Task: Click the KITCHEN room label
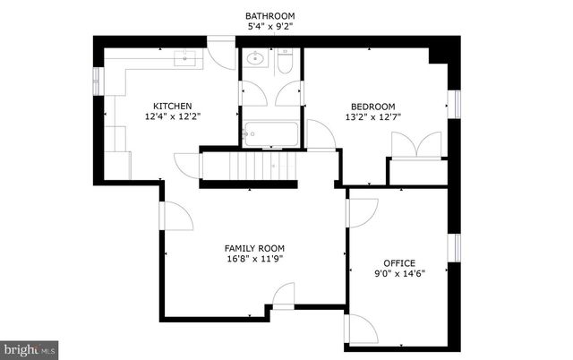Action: (172, 106)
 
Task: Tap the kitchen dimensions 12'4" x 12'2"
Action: (172, 116)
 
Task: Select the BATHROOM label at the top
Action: (269, 16)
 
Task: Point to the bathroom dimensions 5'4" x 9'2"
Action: (269, 27)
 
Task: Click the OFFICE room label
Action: (398, 263)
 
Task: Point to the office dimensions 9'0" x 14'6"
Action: (398, 274)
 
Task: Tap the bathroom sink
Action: (254, 61)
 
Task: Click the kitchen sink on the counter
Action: (185, 59)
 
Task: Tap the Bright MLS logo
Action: (29, 347)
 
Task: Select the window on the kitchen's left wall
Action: (97, 81)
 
